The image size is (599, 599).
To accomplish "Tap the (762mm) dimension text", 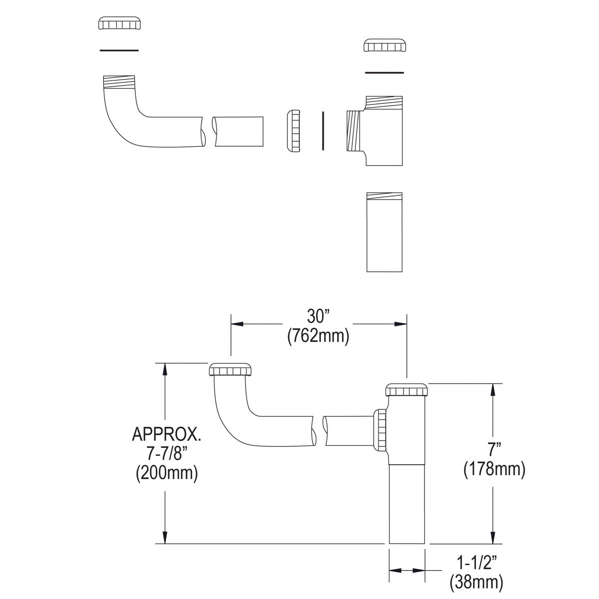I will (x=318, y=336).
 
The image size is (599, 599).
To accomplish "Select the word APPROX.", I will (x=167, y=434).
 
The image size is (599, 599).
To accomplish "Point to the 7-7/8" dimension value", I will (x=167, y=454).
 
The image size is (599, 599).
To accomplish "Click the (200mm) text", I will (x=167, y=473).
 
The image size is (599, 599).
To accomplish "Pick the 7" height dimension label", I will (x=494, y=449).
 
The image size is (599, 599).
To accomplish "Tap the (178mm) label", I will (x=494, y=469).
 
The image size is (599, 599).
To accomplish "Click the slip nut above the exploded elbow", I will (x=119, y=23).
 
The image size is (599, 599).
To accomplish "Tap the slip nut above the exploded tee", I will (x=384, y=45).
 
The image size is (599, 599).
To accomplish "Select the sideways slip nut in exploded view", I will (x=293, y=130).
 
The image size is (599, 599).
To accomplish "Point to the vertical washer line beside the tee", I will (x=323, y=130).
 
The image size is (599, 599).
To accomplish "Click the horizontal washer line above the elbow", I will (x=119, y=50).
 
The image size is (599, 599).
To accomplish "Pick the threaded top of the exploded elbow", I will (x=119, y=82).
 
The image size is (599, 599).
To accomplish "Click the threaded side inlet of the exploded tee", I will (x=353, y=131).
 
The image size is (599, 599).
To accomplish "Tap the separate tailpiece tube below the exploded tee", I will (x=384, y=232).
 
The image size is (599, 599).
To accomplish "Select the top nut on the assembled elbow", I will (x=230, y=370).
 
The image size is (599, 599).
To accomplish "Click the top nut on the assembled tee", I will (x=407, y=390).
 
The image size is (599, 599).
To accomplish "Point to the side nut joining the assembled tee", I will (x=380, y=429).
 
